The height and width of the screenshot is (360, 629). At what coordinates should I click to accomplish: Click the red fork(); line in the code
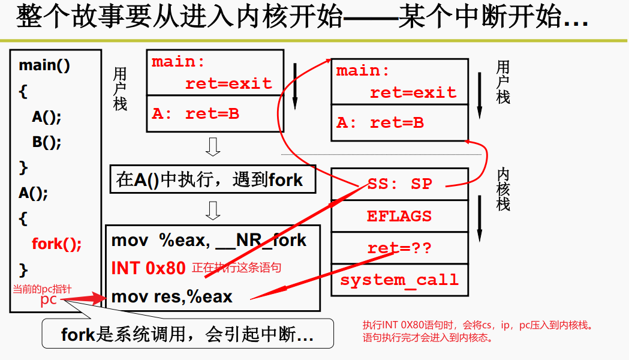[56, 244]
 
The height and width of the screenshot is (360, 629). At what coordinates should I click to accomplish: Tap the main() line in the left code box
[44, 65]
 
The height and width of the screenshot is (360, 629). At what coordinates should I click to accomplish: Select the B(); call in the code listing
[47, 142]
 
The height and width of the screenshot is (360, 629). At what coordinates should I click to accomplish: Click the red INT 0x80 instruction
[148, 268]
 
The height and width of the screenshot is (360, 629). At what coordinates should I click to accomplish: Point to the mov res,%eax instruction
[171, 296]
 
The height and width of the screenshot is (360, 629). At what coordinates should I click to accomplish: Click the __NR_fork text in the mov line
[262, 241]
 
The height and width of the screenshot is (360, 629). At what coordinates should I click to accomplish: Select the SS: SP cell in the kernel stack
[399, 184]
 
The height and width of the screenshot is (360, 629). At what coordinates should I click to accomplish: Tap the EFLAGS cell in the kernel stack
[399, 216]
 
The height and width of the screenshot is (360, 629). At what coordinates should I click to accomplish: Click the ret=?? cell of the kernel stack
[399, 248]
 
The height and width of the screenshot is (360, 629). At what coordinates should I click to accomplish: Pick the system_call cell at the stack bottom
[399, 280]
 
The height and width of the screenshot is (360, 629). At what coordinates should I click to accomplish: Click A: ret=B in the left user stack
[195, 113]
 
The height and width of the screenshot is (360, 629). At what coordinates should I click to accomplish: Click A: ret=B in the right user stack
[380, 122]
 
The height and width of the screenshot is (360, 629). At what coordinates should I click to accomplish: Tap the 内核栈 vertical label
[503, 189]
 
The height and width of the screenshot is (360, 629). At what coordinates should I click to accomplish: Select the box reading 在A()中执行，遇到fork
[212, 179]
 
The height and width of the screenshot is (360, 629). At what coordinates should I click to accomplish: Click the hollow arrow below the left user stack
[213, 146]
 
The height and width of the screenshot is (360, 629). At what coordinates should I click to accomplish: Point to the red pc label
[49, 299]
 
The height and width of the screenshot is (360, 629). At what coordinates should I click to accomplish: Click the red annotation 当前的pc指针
[42, 289]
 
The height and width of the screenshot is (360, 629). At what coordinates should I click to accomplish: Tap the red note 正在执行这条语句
[236, 268]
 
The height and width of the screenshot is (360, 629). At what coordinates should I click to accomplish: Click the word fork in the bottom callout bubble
[79, 334]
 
